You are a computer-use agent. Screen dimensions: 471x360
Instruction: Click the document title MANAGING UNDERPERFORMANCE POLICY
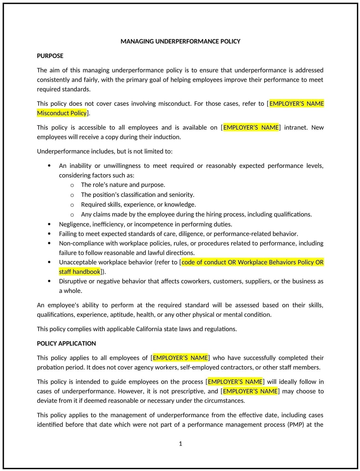(180, 41)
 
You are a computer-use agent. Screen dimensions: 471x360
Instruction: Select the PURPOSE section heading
(50, 56)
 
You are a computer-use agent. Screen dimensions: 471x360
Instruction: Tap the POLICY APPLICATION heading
(66, 344)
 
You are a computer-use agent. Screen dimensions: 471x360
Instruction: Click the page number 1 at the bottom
(180, 444)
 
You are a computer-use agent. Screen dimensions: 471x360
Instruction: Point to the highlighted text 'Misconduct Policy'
(62, 113)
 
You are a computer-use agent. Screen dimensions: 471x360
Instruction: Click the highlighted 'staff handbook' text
(79, 272)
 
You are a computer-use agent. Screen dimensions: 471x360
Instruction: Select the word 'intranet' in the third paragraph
(295, 128)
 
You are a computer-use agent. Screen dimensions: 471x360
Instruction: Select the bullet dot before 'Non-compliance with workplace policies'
(49, 243)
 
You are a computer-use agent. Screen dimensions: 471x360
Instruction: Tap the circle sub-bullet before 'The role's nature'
(72, 185)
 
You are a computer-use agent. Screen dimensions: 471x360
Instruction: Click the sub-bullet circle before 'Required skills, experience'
(72, 205)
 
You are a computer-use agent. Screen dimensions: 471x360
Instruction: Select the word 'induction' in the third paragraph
(167, 137)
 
